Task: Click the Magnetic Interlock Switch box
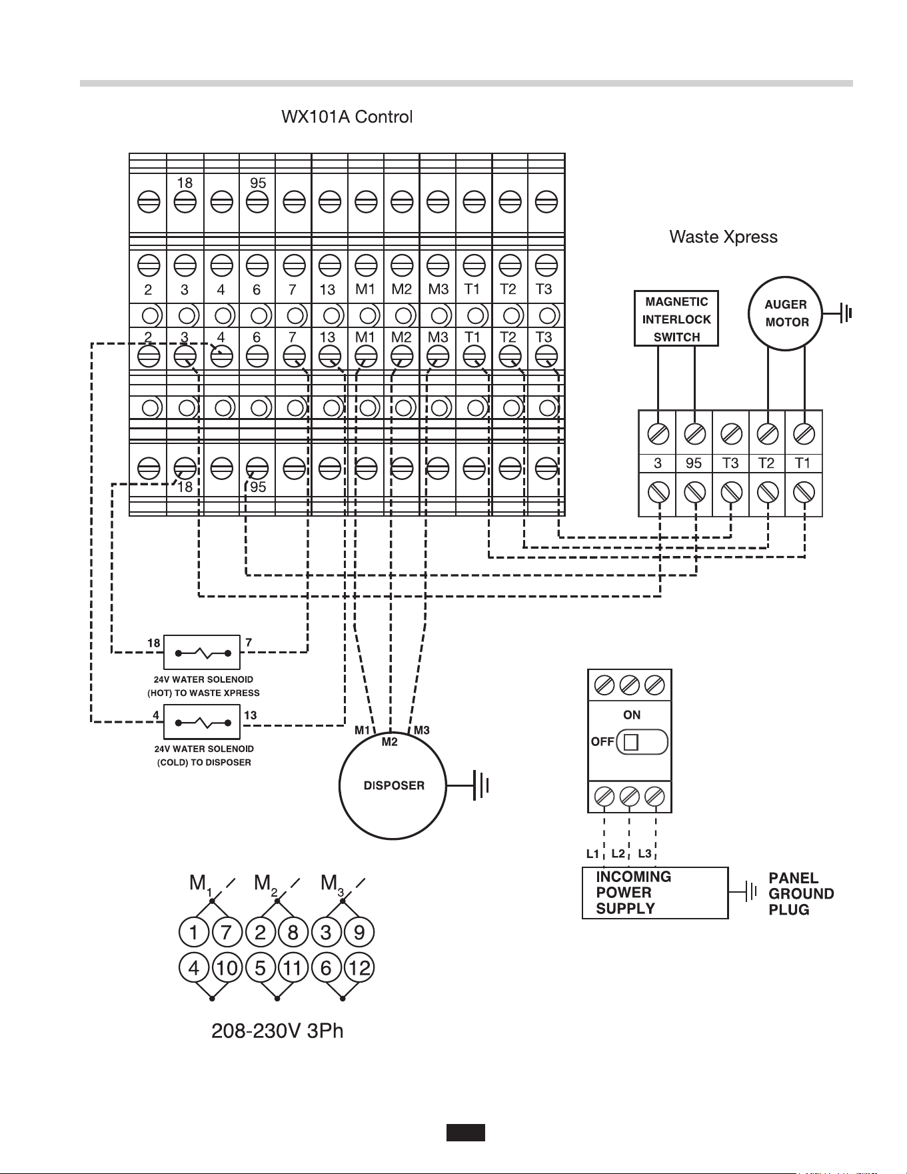pos(676,319)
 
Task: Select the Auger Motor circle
pos(786,313)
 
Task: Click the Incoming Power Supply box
pos(655,893)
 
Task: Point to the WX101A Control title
pos(347,117)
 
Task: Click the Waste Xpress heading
pos(723,237)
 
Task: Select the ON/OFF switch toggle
pos(642,742)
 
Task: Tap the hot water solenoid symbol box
pos(202,652)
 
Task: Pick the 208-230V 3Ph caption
pos(277,1031)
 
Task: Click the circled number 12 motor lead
pos(359,967)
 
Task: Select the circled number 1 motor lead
pos(195,932)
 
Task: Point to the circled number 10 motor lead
pos(227,967)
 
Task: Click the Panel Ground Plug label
pos(801,894)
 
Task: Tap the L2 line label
pos(618,853)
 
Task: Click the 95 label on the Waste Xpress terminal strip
pos(694,463)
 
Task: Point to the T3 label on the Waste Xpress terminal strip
pos(730,463)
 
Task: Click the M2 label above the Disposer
pos(390,742)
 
